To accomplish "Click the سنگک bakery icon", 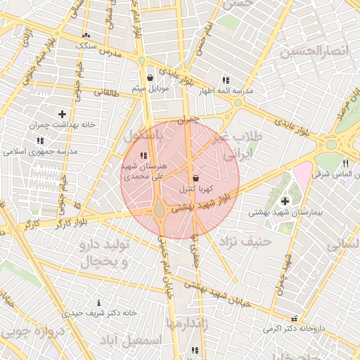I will click(x=86, y=34).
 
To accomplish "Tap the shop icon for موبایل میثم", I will click(x=150, y=78).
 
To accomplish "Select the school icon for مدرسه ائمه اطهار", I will click(x=225, y=80).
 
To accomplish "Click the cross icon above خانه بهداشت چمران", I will click(x=63, y=113).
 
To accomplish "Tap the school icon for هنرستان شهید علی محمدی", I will click(x=143, y=155).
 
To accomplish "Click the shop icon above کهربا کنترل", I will click(x=195, y=178).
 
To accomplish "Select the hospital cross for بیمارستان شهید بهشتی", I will click(x=285, y=202).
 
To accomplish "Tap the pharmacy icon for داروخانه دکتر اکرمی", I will click(x=294, y=319).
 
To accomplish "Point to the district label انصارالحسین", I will click(x=314, y=51).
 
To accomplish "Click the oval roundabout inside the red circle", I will click(x=160, y=209).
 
